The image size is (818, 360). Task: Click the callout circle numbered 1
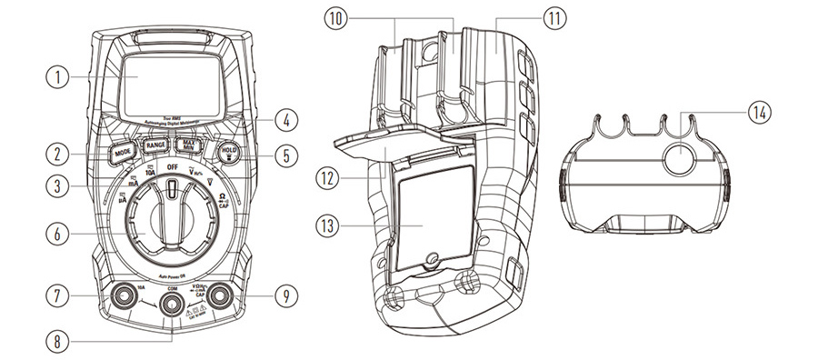tap(57, 77)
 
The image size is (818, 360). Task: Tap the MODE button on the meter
tap(124, 154)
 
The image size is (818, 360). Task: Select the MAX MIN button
tap(188, 145)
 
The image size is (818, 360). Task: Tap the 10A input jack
tap(121, 297)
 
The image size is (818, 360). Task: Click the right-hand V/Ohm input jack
tap(218, 296)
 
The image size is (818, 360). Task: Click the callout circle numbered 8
tap(57, 341)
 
